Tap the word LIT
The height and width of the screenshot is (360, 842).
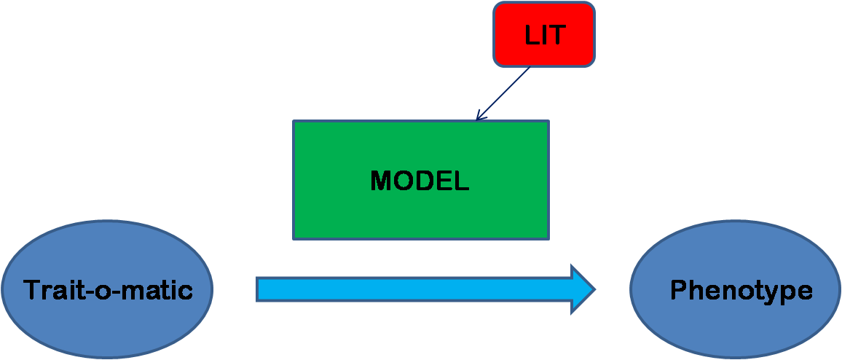click(545, 36)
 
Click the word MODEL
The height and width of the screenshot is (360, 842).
click(420, 181)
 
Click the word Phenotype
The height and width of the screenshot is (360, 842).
click(741, 291)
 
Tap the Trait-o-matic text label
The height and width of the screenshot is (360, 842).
click(108, 291)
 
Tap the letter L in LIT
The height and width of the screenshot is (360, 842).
click(532, 36)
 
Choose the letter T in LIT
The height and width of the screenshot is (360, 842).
click(557, 36)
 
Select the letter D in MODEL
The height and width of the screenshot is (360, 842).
click(422, 181)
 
